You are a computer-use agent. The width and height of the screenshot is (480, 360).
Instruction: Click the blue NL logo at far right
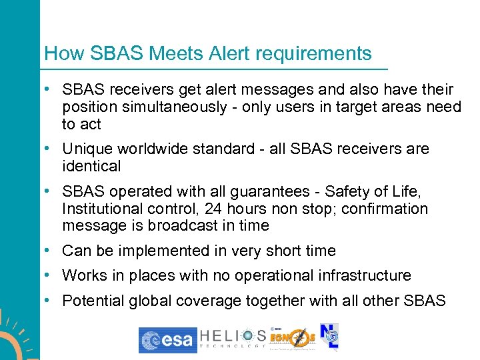[x=329, y=339]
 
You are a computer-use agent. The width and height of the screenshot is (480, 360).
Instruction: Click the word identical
[x=91, y=166]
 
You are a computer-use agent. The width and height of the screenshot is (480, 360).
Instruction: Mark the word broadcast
[x=185, y=226]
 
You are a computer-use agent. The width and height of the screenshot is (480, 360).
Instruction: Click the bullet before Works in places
[x=51, y=275]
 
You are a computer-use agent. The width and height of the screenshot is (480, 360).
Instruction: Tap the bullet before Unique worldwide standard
[x=51, y=149]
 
